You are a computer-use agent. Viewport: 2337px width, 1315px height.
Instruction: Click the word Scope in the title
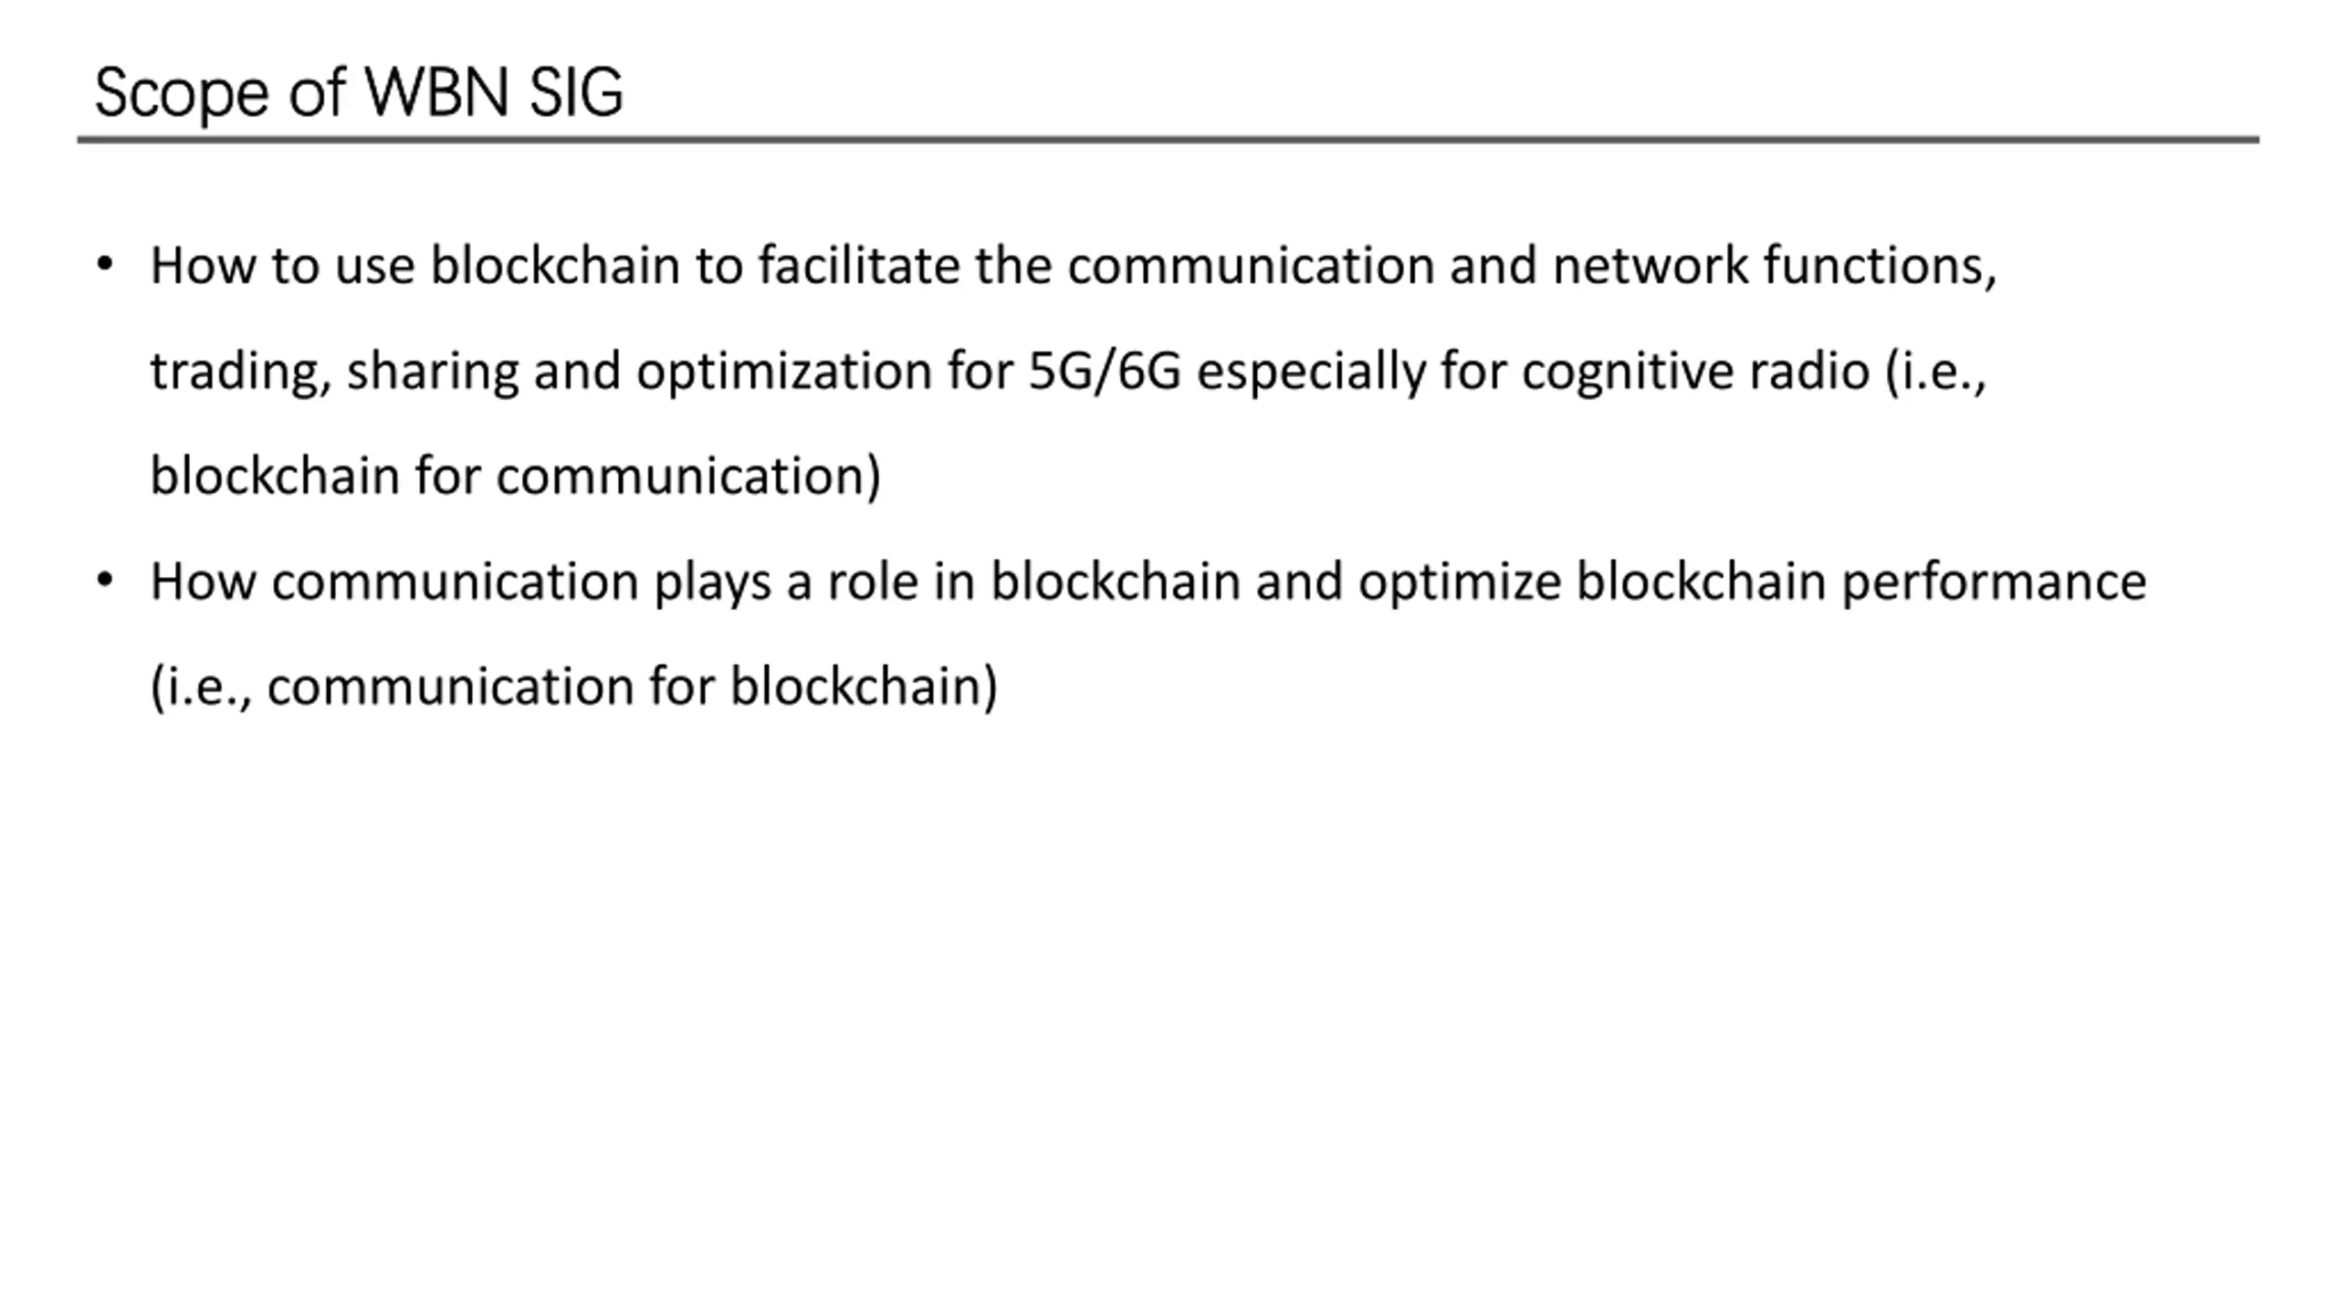point(181,93)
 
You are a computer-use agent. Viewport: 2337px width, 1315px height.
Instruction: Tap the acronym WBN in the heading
point(436,93)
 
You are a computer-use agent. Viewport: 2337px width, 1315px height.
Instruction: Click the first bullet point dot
point(105,265)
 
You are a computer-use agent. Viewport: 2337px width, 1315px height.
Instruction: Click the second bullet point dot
point(105,580)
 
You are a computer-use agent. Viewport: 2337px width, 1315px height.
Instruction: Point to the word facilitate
point(858,266)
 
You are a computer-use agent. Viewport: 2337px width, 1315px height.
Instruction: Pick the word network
point(1650,266)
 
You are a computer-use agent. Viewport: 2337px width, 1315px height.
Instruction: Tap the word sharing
point(432,372)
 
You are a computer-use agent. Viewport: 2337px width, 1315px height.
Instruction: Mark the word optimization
point(783,372)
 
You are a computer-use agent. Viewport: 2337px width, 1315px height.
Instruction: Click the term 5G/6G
point(1105,372)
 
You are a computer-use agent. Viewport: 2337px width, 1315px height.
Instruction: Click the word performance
point(1993,583)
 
